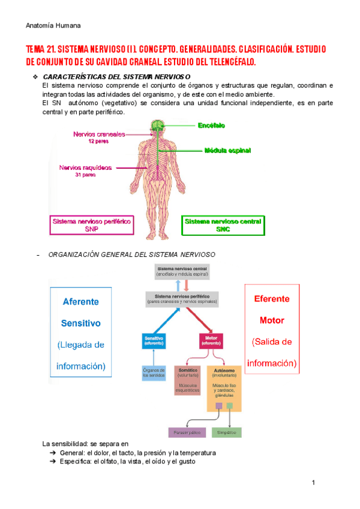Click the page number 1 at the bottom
click(313, 483)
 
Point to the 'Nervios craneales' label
click(99, 134)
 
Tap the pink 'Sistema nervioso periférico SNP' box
click(92, 225)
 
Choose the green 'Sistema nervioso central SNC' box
click(223, 225)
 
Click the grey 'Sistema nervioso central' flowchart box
click(182, 271)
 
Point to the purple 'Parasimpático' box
click(187, 432)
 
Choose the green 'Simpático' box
click(227, 432)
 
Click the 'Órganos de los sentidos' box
click(154, 373)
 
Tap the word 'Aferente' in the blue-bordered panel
click(81, 302)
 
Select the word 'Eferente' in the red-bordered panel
click(272, 298)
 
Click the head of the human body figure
click(157, 126)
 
